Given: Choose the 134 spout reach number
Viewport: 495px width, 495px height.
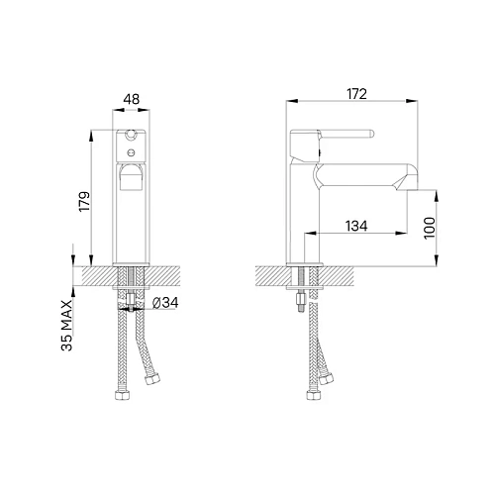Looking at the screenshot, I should (x=358, y=226).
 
